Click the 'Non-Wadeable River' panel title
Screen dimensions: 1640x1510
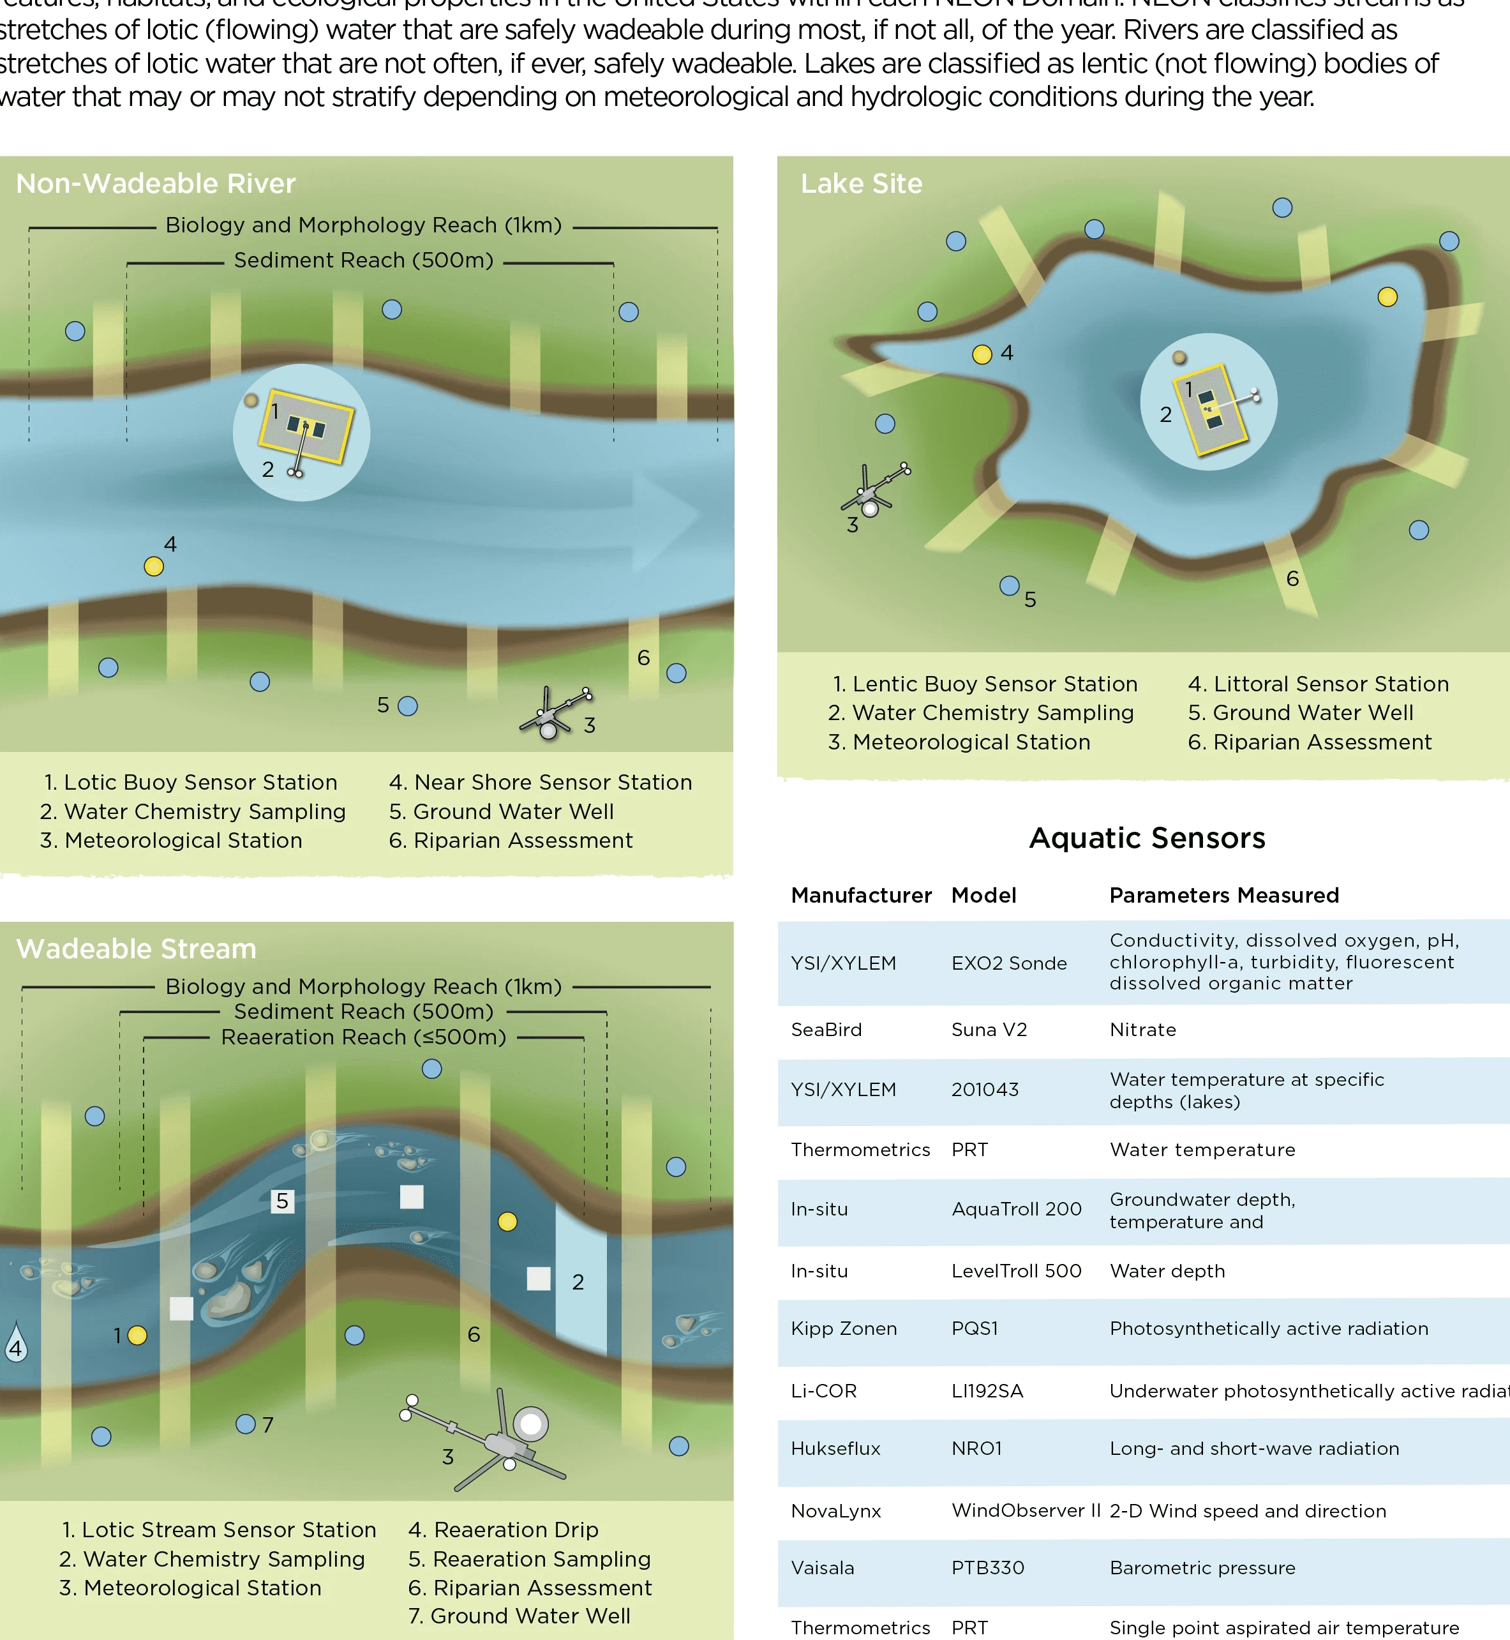[155, 184]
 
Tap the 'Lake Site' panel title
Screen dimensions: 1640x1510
[861, 184]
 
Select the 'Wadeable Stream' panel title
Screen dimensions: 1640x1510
[136, 949]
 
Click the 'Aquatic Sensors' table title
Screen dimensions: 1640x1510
[1146, 838]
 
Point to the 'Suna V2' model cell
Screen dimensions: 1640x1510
[989, 1030]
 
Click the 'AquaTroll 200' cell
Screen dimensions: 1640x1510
[1015, 1209]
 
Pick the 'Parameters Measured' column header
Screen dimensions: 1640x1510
[1223, 896]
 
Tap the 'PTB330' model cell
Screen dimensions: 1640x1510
[987, 1568]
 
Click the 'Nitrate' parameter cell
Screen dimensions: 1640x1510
[1142, 1030]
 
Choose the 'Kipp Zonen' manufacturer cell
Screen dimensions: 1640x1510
[843, 1328]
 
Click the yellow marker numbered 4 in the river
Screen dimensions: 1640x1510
[154, 566]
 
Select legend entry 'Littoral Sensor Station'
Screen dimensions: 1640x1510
[1318, 684]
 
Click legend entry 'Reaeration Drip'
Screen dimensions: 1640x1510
[504, 1530]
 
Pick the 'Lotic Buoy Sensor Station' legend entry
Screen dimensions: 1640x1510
[190, 783]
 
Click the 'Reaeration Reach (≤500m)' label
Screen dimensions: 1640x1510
[364, 1037]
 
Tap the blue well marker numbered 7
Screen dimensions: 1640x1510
[245, 1424]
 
